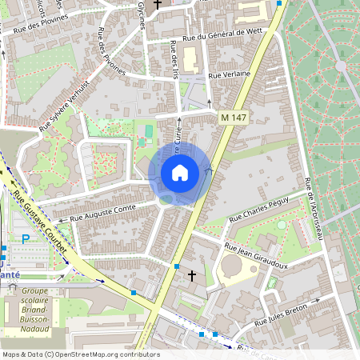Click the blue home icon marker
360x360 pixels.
(180, 173)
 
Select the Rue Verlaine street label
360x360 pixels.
(229, 74)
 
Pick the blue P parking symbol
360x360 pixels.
(26, 238)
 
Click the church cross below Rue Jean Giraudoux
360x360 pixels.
(191, 276)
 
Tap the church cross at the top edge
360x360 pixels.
(157, 5)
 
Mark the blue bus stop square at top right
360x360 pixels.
(279, 3)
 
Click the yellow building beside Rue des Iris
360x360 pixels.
(190, 58)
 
